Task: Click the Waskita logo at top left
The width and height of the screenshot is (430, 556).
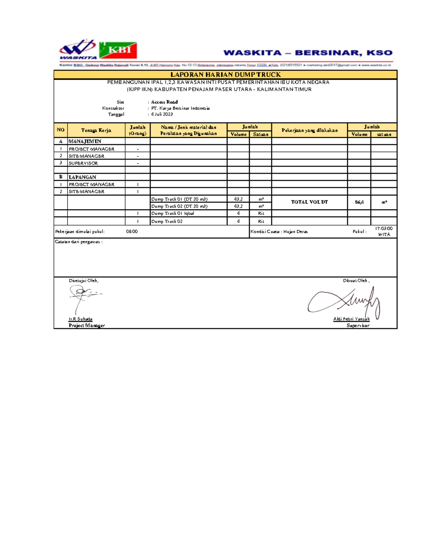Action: click(x=78, y=49)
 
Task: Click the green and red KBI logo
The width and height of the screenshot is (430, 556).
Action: click(x=118, y=50)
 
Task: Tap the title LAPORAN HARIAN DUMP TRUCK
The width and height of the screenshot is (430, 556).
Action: click(x=225, y=74)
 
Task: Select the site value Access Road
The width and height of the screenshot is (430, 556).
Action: click(x=164, y=102)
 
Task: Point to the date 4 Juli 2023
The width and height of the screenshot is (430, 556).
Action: click(x=162, y=114)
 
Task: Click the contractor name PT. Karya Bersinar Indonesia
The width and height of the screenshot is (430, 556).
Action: click(x=180, y=108)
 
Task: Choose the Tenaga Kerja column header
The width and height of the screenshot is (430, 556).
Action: click(x=96, y=130)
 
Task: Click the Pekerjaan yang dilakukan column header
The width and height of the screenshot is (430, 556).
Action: click(x=309, y=130)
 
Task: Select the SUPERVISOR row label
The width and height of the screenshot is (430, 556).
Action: click(x=83, y=163)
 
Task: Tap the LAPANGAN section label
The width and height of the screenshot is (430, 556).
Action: click(x=82, y=177)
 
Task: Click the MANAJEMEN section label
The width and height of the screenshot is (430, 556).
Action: click(x=85, y=141)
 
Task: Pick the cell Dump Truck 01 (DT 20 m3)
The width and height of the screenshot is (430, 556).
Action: click(x=179, y=199)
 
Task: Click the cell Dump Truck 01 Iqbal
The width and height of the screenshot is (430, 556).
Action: click(x=172, y=213)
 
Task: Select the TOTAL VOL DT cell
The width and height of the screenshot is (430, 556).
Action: click(x=309, y=202)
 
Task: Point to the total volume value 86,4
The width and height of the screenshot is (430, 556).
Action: click(x=359, y=202)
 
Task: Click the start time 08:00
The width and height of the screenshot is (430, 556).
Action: click(x=132, y=232)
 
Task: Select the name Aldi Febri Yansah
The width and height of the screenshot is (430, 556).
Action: click(x=351, y=319)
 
